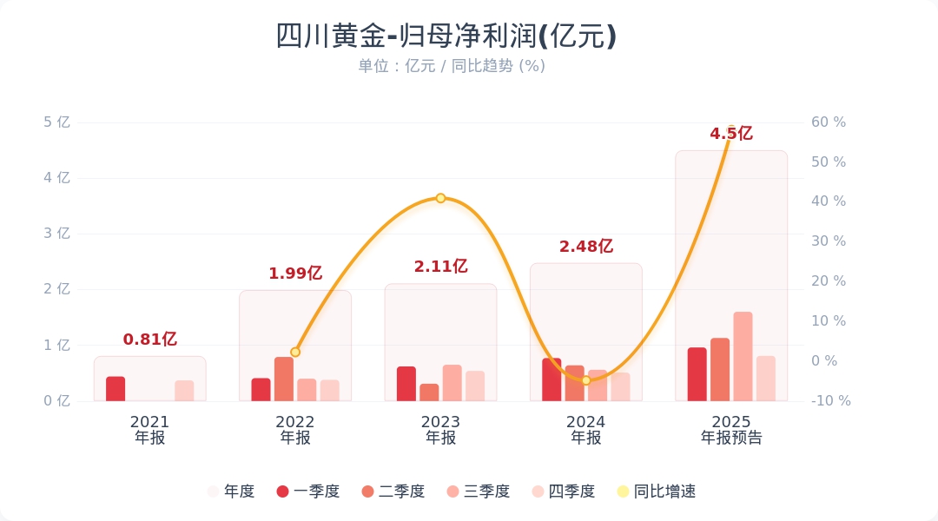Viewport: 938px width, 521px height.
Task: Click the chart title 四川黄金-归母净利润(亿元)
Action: (446, 36)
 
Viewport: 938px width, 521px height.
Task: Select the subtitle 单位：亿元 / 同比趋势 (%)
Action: (452, 66)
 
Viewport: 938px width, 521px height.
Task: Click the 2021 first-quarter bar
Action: (116, 389)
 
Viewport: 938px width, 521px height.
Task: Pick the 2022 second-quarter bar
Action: (284, 379)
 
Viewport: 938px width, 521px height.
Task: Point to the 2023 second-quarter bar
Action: (429, 392)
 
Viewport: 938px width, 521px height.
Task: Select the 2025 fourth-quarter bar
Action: (765, 379)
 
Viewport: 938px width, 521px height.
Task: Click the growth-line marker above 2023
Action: (440, 198)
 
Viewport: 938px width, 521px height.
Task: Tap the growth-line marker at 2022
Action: (295, 352)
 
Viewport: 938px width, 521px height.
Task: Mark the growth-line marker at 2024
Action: (585, 380)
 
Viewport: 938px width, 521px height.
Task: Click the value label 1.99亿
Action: (295, 274)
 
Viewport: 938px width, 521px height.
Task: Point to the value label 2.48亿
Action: (586, 247)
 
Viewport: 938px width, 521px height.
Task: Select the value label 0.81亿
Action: (150, 340)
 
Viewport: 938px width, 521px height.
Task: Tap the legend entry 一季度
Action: (307, 491)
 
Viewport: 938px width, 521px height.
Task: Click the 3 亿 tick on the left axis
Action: (57, 234)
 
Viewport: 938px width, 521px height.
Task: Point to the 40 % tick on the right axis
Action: (828, 201)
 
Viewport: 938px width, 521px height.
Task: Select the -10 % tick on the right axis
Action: (830, 400)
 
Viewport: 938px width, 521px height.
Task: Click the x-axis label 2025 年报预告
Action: (731, 430)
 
